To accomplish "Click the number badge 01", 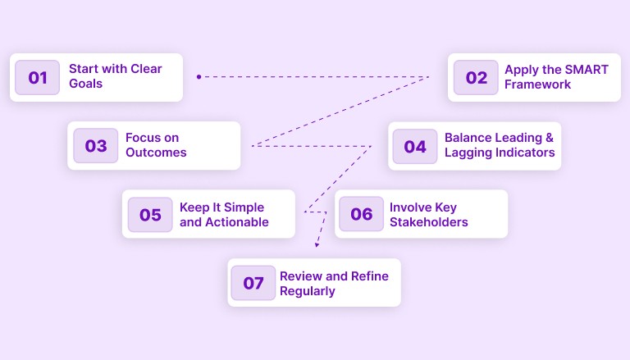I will pyautogui.click(x=38, y=78).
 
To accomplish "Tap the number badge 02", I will pyautogui.click(x=476, y=78).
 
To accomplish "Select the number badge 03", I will pyautogui.click(x=96, y=146).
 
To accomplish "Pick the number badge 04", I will pyautogui.click(x=415, y=147).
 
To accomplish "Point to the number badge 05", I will pyautogui.click(x=150, y=215).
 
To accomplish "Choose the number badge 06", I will pyautogui.click(x=362, y=215).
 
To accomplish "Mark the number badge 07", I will pyautogui.click(x=253, y=283).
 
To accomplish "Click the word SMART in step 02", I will pyautogui.click(x=587, y=70).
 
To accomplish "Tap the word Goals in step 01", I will pyautogui.click(x=86, y=84).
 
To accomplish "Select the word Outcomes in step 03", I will pyautogui.click(x=156, y=153).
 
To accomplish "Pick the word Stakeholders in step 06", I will pyautogui.click(x=429, y=221).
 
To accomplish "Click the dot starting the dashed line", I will pyautogui.click(x=199, y=76).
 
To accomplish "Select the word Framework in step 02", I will pyautogui.click(x=538, y=84).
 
